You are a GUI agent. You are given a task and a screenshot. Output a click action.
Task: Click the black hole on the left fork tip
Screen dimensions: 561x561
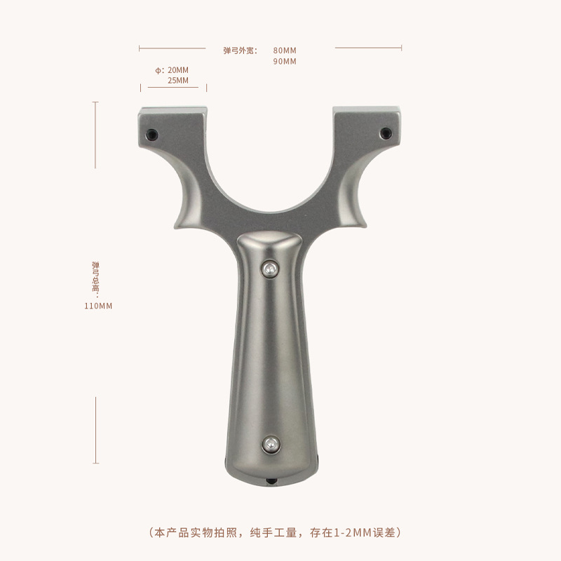151,135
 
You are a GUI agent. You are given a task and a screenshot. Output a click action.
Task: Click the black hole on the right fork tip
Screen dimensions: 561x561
385,133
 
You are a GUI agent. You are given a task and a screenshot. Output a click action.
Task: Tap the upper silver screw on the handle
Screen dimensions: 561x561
270,269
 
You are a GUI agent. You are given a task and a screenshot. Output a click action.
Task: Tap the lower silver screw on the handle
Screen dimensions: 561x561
271,445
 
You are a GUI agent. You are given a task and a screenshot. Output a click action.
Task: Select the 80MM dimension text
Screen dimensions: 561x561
285,50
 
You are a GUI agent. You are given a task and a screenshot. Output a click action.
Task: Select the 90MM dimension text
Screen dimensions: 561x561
285,62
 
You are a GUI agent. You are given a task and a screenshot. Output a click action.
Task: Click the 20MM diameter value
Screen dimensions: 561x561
178,70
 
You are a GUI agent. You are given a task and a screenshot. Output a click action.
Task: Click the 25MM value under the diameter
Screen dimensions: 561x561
178,81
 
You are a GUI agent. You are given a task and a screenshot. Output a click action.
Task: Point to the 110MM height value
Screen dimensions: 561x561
98,306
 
